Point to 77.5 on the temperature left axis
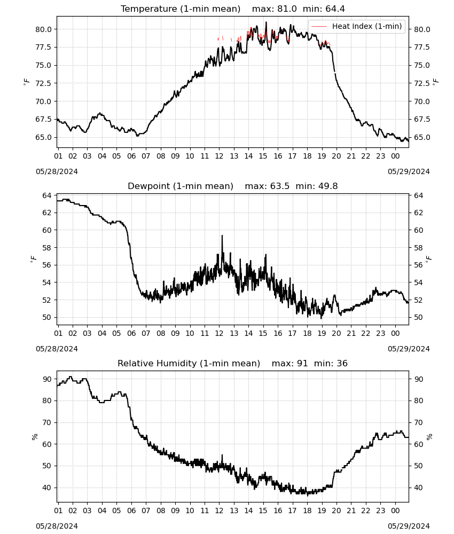click(x=44, y=47)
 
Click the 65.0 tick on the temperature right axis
click(x=422, y=137)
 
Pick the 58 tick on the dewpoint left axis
click(x=47, y=248)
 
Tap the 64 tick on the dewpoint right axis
click(x=419, y=195)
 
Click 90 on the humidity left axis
click(x=47, y=379)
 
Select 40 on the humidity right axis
click(x=419, y=488)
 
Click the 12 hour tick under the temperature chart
click(x=219, y=156)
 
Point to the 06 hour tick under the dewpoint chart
click(x=131, y=333)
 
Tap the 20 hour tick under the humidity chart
click(x=336, y=511)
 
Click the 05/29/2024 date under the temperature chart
click(x=409, y=171)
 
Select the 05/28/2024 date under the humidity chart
click(x=57, y=526)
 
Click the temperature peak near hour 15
click(x=266, y=22)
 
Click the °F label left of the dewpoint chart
click(x=33, y=260)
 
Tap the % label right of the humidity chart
click(x=429, y=437)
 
